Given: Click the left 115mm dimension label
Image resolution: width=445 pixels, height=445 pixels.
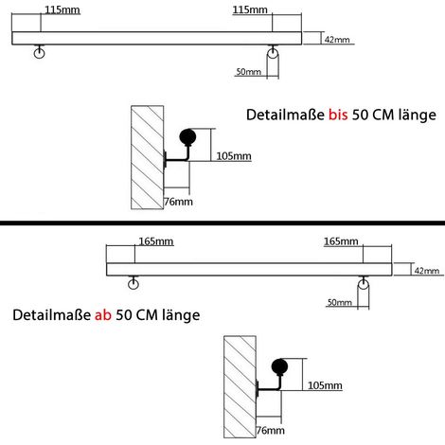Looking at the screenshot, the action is click(x=62, y=9).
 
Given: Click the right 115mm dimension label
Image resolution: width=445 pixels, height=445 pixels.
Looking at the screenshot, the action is click(x=250, y=9).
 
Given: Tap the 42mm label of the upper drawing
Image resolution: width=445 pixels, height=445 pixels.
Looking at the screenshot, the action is click(x=337, y=40).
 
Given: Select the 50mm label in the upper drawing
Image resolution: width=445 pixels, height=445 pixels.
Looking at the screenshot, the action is click(x=249, y=72).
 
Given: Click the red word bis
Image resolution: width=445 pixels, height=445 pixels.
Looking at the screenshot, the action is click(x=338, y=115).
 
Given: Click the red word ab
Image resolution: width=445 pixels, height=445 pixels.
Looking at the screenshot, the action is click(x=103, y=315).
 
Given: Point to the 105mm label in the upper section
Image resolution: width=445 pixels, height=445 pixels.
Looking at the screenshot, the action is click(x=234, y=156).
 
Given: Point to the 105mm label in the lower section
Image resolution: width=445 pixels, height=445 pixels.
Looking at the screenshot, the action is click(x=325, y=385).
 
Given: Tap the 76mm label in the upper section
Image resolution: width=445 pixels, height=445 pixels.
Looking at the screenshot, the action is click(x=178, y=202).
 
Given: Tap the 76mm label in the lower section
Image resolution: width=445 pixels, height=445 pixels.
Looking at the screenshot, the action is click(x=270, y=430).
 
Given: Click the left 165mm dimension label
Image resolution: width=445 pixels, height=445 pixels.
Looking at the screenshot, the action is click(x=156, y=241).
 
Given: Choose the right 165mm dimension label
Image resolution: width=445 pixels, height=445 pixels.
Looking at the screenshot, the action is click(x=341, y=241).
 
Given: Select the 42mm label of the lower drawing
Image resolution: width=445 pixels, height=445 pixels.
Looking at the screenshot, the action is click(x=427, y=271).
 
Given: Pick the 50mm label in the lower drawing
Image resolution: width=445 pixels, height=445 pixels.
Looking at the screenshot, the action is click(x=340, y=302).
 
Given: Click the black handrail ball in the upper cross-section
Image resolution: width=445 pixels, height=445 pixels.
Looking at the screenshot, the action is click(x=187, y=137).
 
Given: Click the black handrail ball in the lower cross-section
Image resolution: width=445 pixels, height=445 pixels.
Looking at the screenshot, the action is click(x=279, y=367).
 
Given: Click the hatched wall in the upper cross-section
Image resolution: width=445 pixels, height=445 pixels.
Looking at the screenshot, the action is click(x=148, y=157).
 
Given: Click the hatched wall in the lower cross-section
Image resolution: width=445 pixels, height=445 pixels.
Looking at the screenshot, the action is click(x=240, y=387).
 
